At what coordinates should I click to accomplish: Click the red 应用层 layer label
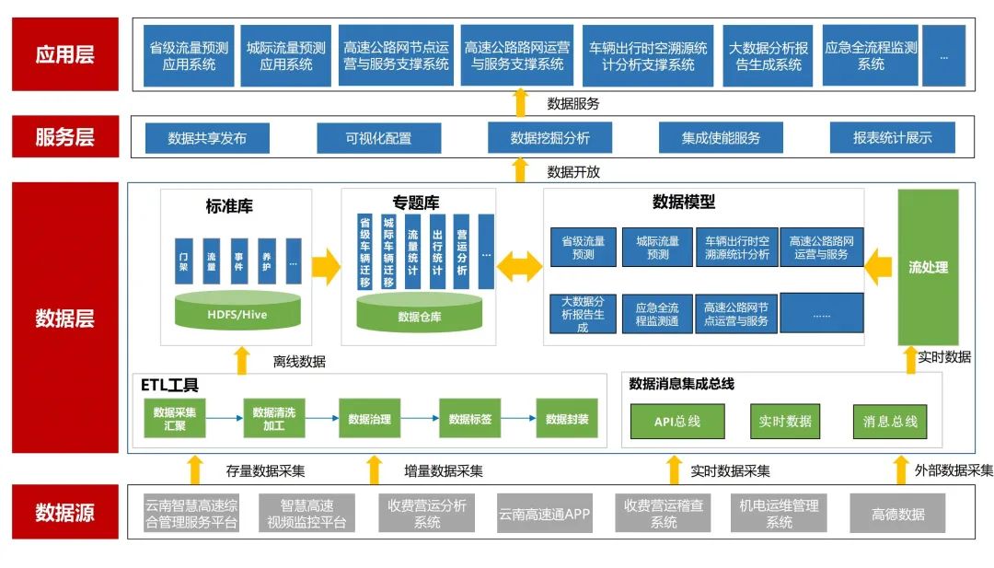[64, 54]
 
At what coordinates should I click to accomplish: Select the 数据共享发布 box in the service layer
[207, 139]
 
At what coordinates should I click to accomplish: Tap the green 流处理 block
[928, 268]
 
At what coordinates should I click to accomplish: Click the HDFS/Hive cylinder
[237, 313]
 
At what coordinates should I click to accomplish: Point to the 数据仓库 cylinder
[420, 316]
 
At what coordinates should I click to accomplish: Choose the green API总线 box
[676, 421]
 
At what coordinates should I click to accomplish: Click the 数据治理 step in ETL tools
[369, 420]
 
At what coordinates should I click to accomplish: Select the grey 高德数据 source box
[897, 514]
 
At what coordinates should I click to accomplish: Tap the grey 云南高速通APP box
[543, 514]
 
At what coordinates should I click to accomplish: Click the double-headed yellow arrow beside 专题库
[520, 267]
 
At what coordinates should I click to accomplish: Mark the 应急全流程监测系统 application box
[871, 56]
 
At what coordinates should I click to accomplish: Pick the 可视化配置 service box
[378, 139]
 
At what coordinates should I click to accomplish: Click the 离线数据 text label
[299, 362]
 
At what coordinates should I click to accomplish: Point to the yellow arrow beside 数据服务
[520, 102]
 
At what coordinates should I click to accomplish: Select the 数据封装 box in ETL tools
[567, 420]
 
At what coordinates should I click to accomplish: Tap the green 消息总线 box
[889, 421]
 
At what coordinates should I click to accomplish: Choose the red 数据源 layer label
[64, 512]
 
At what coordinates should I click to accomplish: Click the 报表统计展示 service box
[892, 139]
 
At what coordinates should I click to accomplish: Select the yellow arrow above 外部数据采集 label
[901, 469]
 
